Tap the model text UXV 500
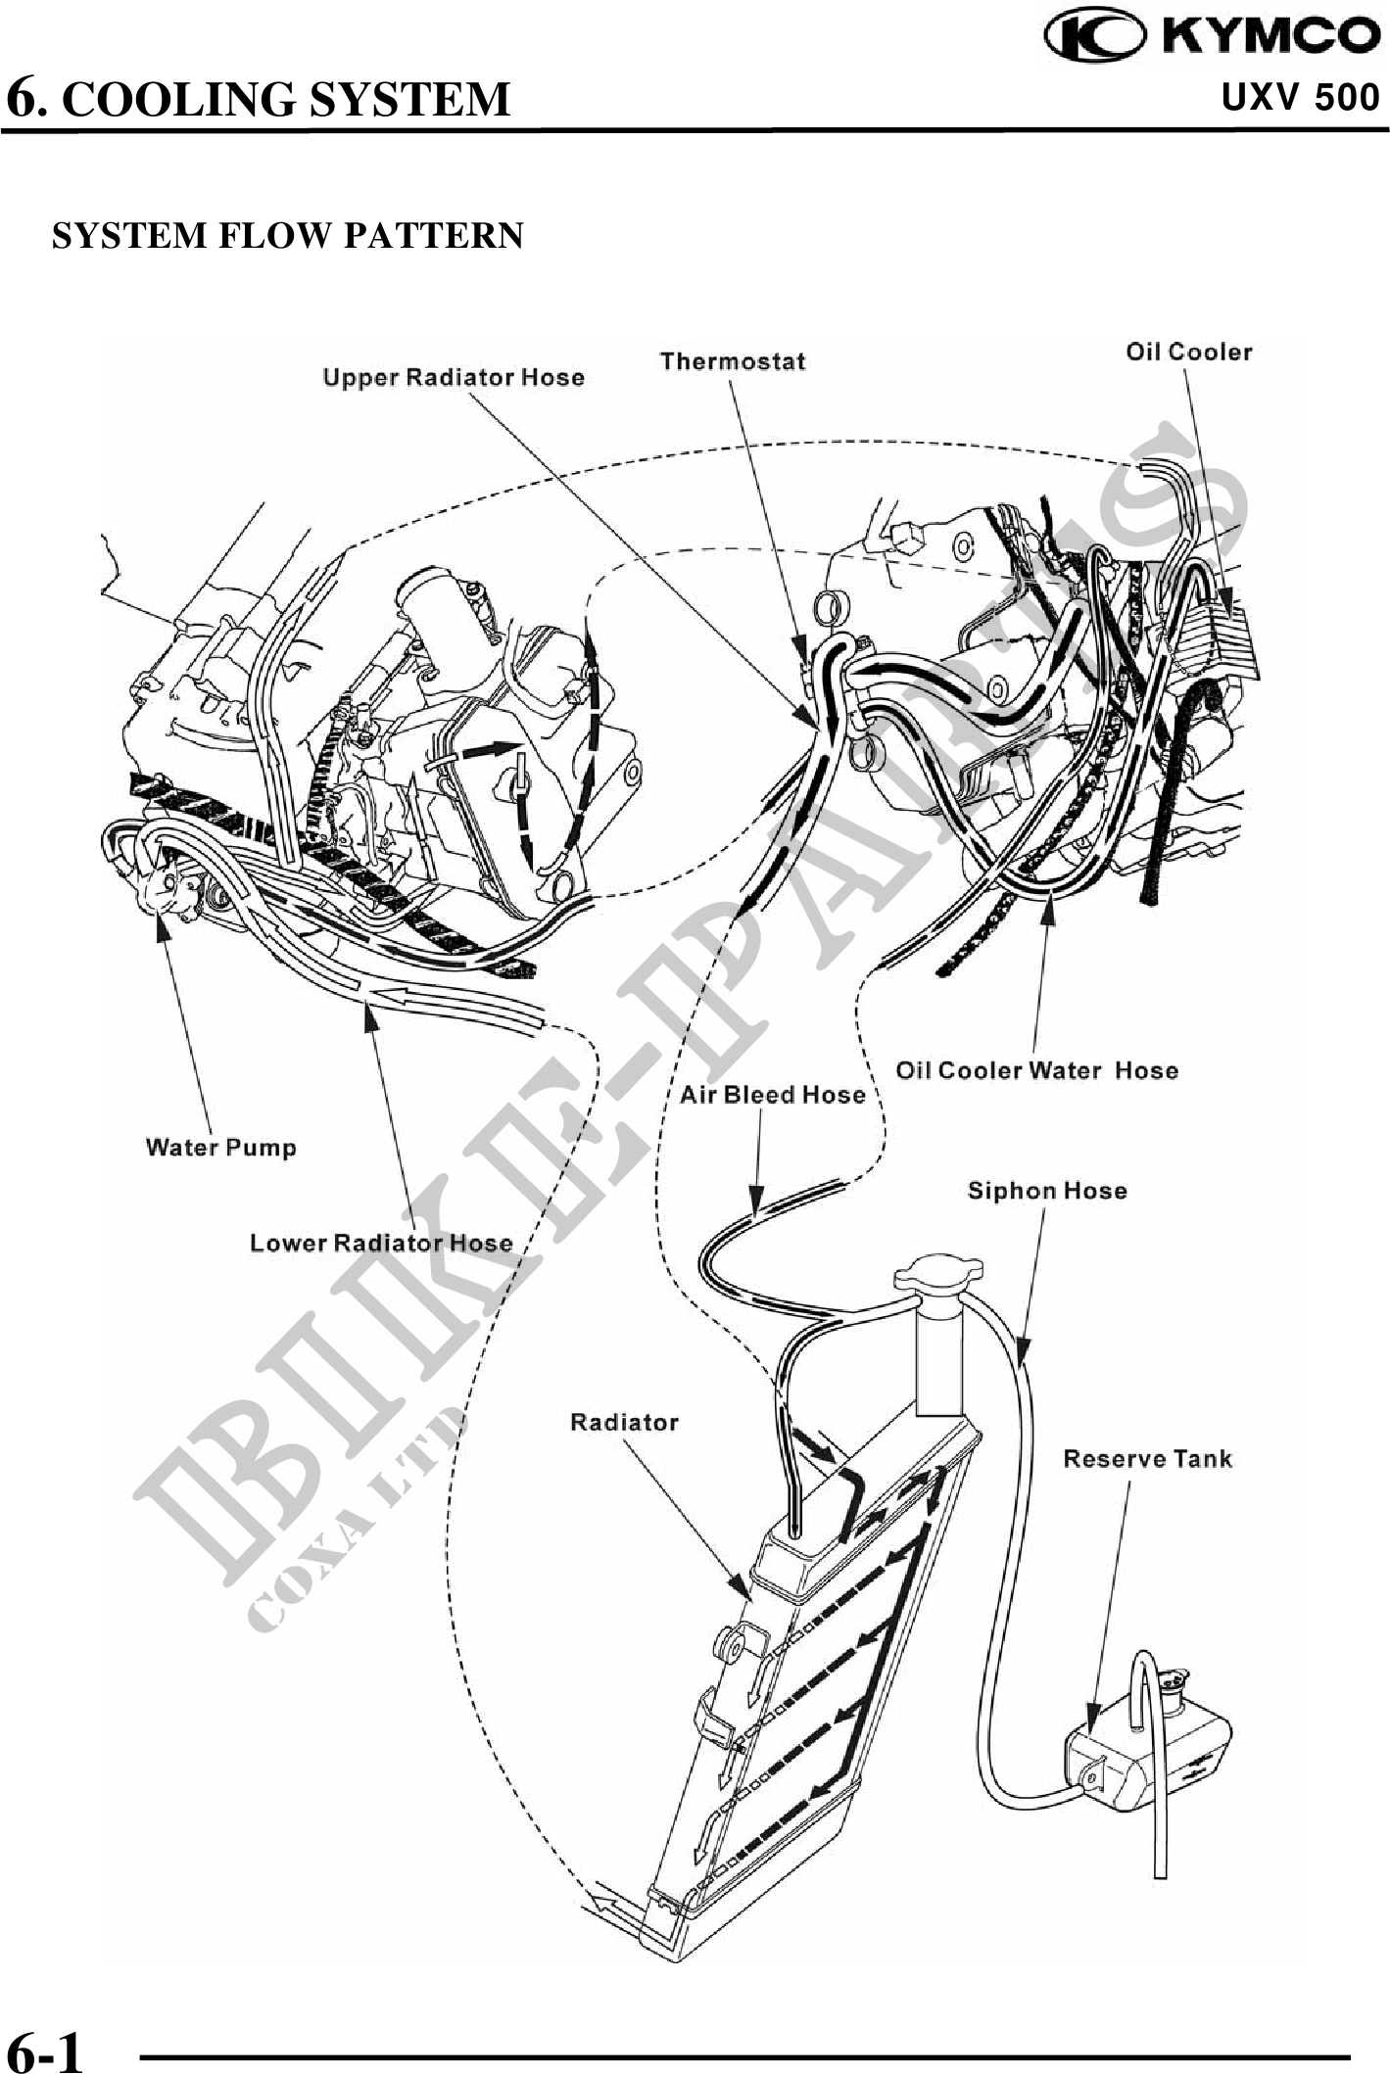(1301, 98)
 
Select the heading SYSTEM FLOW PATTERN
(288, 236)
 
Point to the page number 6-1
(45, 2050)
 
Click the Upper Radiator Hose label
(454, 378)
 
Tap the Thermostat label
(733, 361)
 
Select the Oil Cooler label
(1188, 352)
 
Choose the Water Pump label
(220, 1147)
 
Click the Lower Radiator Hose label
(381, 1243)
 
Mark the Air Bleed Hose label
(773, 1094)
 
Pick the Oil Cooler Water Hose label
(1036, 1070)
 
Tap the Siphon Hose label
(1047, 1191)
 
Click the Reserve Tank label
(1147, 1459)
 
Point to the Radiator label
(624, 1422)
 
